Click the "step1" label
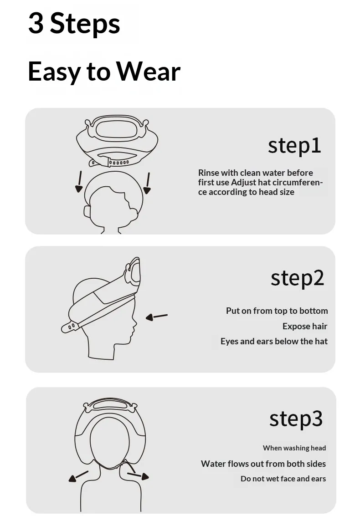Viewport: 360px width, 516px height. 294,146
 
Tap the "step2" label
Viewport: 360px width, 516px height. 298,278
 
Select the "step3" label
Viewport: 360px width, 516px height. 296,419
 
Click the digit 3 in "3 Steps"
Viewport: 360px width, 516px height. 36,23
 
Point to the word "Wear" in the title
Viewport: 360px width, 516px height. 149,71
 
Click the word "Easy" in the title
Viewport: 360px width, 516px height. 54,72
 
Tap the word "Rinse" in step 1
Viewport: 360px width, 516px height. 209,173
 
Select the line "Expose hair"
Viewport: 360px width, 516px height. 305,326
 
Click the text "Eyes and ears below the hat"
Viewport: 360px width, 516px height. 274,341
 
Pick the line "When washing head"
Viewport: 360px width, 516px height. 294,448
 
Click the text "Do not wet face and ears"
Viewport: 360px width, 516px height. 283,479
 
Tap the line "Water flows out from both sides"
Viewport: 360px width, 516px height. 263,464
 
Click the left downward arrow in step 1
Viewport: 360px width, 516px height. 79,182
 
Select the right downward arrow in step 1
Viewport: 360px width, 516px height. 147,183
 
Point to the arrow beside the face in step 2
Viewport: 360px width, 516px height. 156,317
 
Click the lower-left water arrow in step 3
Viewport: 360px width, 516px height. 78,476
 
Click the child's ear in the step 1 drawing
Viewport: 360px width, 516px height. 87,212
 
